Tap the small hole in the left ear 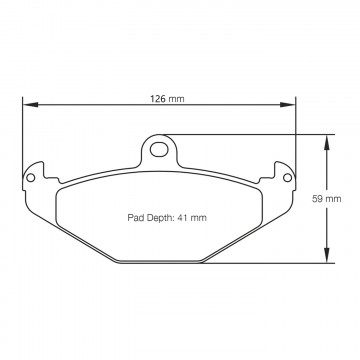30,179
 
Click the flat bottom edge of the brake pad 161,264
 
